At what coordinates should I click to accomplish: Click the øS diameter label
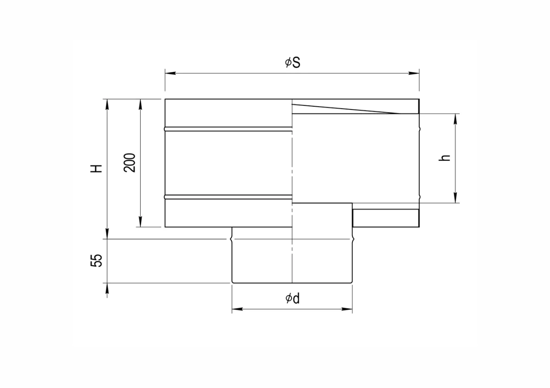[x=292, y=63]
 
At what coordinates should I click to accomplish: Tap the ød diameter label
[x=292, y=299]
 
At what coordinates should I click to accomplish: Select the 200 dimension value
[x=130, y=163]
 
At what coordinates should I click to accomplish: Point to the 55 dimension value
[x=96, y=260]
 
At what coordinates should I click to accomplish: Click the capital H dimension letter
[x=96, y=169]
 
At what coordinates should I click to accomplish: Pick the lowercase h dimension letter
[x=445, y=158]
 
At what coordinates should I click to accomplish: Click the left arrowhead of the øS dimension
[x=170, y=73]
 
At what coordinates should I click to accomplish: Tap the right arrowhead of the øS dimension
[x=414, y=73]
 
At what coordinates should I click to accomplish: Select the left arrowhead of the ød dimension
[x=237, y=309]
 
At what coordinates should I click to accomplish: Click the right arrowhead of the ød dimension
[x=347, y=309]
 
